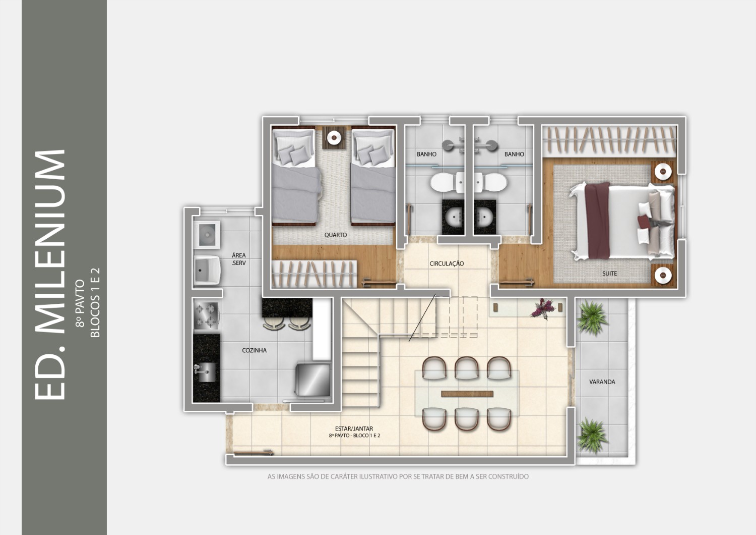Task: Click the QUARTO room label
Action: [x=336, y=235]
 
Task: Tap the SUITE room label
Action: [x=609, y=274]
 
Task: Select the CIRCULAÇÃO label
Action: [x=447, y=263]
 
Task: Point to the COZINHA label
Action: [x=254, y=350]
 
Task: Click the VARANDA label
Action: [x=602, y=382]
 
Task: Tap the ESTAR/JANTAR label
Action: [x=354, y=429]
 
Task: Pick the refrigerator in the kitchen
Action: [x=313, y=380]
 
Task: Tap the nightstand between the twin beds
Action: [x=334, y=138]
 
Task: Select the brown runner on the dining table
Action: [x=467, y=394]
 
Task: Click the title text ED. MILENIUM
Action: [x=50, y=275]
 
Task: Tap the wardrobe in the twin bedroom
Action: [x=314, y=274]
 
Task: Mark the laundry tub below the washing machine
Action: [x=207, y=271]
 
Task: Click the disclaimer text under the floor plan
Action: [x=398, y=476]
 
